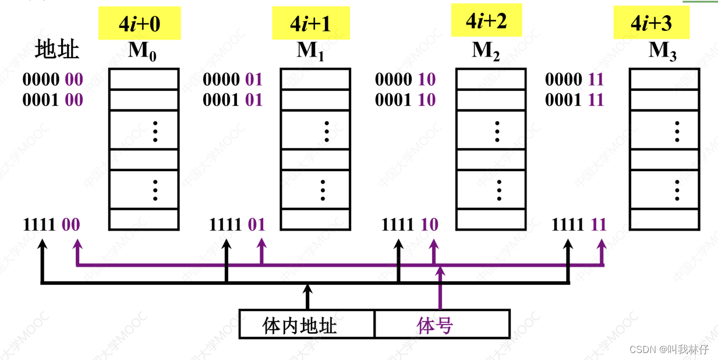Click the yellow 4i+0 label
point(139,23)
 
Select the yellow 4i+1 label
point(310,23)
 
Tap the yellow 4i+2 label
point(486,22)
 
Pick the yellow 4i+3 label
point(651,24)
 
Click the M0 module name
point(142,52)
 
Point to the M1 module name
point(310,52)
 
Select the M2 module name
point(486,52)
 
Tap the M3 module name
point(663,52)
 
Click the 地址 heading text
point(56,50)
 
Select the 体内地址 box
point(307,324)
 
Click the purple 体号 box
point(442,324)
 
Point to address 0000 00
point(52,79)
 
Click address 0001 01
point(232,100)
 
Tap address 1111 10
point(409,225)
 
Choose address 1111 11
point(579,225)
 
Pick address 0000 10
point(405,79)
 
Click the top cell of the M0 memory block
point(143,79)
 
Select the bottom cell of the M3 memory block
point(664,219)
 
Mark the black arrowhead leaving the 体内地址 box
point(307,288)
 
